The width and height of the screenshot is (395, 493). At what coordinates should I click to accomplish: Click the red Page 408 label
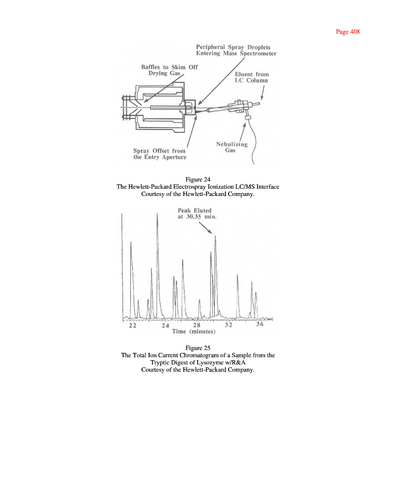point(347,32)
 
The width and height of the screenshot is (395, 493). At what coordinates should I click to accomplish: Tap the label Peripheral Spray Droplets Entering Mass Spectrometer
point(236,50)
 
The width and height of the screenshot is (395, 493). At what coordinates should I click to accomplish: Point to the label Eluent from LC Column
point(252,78)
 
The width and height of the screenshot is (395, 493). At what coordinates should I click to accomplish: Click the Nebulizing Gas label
point(231,147)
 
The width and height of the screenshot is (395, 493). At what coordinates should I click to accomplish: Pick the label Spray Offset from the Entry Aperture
point(159,154)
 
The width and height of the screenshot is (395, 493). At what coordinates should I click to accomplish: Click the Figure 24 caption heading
point(198,180)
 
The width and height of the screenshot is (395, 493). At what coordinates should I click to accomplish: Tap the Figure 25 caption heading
point(198,348)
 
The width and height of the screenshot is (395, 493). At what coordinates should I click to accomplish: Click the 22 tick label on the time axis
point(132,325)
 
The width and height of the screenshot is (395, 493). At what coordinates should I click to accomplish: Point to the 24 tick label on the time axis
point(166,325)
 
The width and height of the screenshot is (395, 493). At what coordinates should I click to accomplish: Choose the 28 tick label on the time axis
point(197,325)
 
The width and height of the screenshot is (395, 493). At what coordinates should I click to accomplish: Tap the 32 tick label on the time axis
point(229,325)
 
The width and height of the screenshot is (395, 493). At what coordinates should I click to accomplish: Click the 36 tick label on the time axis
point(259,325)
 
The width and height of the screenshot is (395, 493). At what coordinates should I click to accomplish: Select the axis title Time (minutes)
point(190,332)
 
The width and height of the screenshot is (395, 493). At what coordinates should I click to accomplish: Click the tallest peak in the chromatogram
point(157,215)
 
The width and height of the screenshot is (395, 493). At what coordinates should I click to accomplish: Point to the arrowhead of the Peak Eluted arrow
point(212,233)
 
